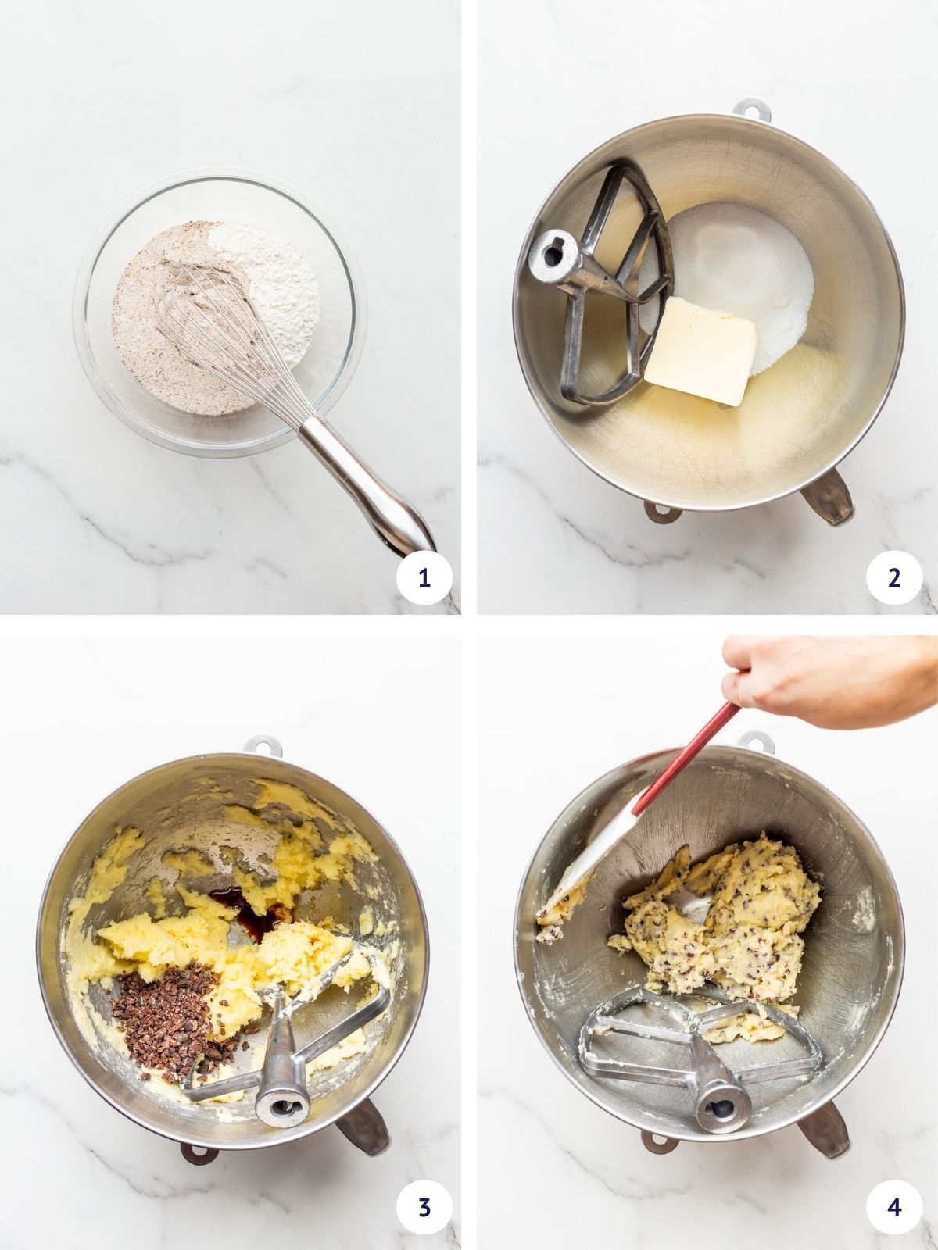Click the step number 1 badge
424,578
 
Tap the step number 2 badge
894,578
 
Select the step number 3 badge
424,1207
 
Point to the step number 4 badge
894,1207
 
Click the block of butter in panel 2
701,351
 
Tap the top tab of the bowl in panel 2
751,109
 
